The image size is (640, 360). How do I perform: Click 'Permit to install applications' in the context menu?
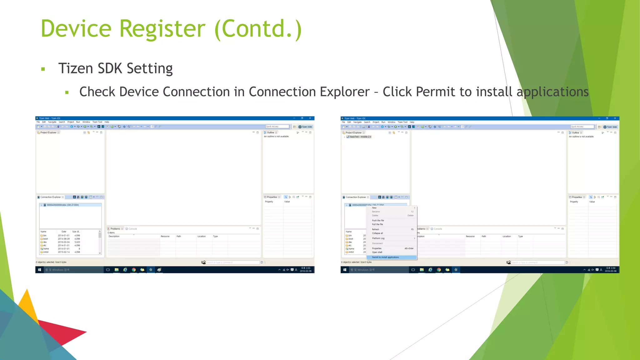pyautogui.click(x=385, y=257)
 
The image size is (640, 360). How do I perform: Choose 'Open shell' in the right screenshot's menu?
pyautogui.click(x=377, y=252)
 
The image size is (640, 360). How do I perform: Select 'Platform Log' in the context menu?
pyautogui.click(x=378, y=238)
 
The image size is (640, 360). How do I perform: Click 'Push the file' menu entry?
pyautogui.click(x=378, y=220)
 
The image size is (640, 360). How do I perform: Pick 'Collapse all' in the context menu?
pyautogui.click(x=377, y=233)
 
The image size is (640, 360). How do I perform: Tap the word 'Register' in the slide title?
pyautogui.click(x=162, y=29)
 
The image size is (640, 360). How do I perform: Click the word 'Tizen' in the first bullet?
pyautogui.click(x=76, y=68)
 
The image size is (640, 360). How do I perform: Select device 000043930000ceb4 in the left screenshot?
pyautogui.click(x=62, y=205)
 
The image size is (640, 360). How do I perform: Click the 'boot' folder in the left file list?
pyautogui.click(x=46, y=239)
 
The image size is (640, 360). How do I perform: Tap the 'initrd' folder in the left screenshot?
pyautogui.click(x=46, y=252)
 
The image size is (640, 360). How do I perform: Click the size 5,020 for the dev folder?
pyautogui.click(x=77, y=242)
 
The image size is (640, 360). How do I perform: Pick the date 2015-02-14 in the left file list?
pyautogui.click(x=64, y=252)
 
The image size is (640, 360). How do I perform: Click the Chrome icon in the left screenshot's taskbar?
pyautogui.click(x=134, y=270)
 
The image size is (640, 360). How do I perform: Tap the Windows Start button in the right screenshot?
pyautogui.click(x=345, y=270)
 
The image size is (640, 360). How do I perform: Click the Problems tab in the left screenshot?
pyautogui.click(x=115, y=229)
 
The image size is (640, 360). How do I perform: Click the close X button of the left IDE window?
pyautogui.click(x=310, y=118)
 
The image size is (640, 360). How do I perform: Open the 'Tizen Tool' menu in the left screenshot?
pyautogui.click(x=97, y=122)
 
